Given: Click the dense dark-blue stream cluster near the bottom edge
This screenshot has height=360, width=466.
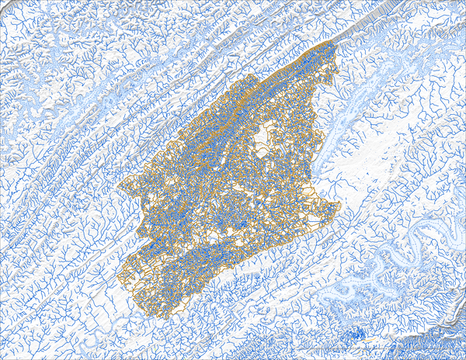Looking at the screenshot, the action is pos(356,334).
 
